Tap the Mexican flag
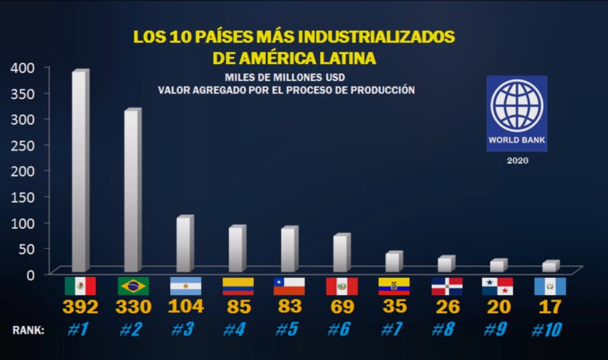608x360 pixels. (x=80, y=286)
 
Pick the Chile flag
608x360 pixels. (x=289, y=286)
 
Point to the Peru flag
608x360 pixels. (x=341, y=286)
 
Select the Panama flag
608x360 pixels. (x=498, y=286)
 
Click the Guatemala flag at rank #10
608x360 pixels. (x=550, y=286)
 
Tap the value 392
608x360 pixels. (x=80, y=308)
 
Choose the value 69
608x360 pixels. (x=341, y=308)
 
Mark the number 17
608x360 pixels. (x=550, y=308)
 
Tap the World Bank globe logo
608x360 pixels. (x=516, y=106)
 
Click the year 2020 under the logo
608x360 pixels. (x=517, y=161)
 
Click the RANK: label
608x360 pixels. (x=28, y=330)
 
